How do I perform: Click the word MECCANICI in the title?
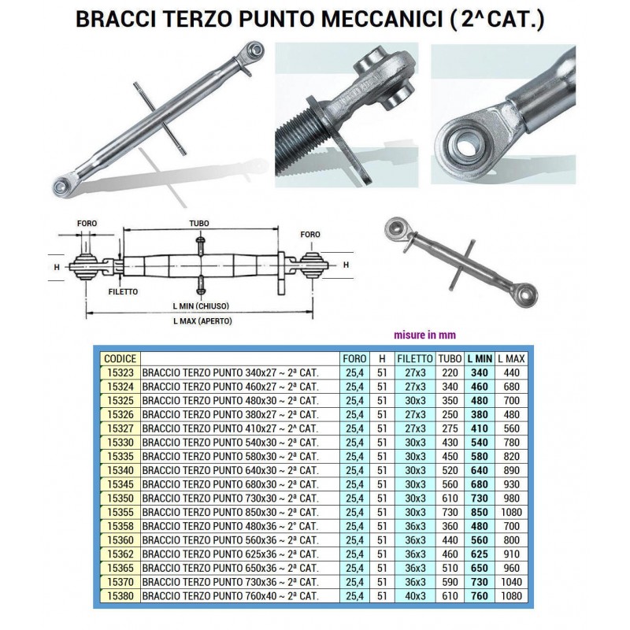[381, 19]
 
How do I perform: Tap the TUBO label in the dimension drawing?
[199, 224]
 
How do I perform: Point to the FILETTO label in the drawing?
[123, 291]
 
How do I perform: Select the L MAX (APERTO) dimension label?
[202, 321]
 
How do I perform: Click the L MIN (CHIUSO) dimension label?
[201, 306]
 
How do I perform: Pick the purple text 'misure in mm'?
[424, 335]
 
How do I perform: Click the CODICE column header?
[120, 358]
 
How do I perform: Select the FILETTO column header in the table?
[415, 358]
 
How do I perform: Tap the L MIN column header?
[480, 358]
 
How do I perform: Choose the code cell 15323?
[120, 372]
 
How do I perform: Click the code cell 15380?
[120, 596]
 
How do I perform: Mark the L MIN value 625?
[480, 554]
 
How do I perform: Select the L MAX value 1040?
[511, 582]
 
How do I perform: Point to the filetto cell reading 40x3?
[415, 596]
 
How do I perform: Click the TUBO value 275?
[450, 428]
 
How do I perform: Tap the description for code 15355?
[230, 513]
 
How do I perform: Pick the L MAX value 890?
[511, 470]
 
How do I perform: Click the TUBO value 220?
[450, 372]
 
